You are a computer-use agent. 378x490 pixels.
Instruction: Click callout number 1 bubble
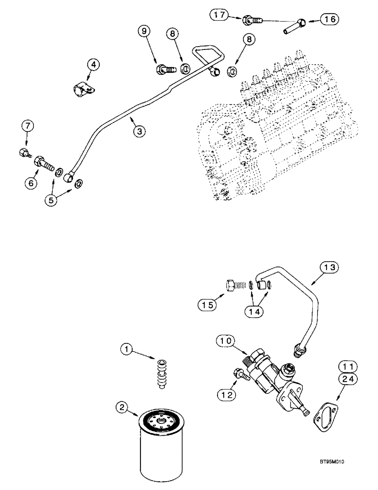[x=127, y=349]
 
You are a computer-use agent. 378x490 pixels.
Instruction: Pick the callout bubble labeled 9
[x=144, y=32]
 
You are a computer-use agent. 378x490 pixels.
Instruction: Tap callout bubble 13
[x=329, y=267]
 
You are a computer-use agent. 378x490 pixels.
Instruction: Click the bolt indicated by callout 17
[x=252, y=20]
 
